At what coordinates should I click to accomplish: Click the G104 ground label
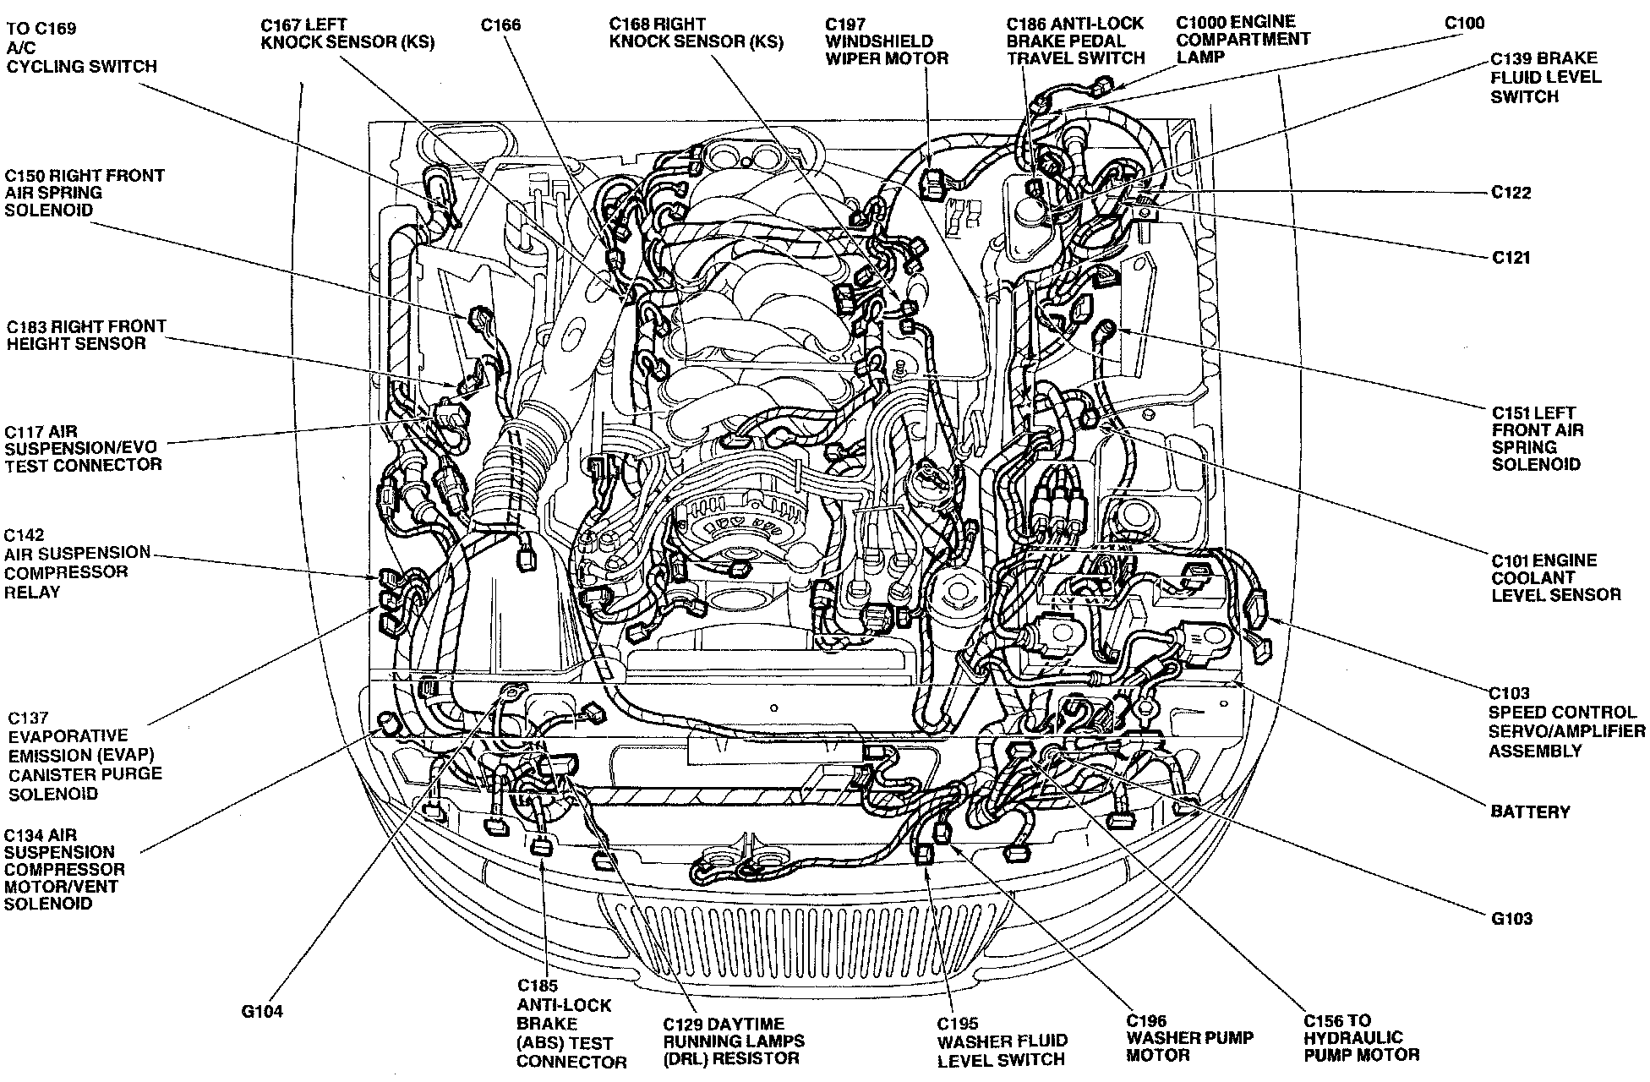(261, 1011)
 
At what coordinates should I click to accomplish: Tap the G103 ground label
(1511, 918)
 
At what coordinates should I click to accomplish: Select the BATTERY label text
(1530, 811)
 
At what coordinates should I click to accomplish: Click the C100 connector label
(1464, 23)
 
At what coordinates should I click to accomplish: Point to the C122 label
(1511, 193)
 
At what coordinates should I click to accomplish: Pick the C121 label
(1511, 257)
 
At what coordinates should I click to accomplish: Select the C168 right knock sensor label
(696, 32)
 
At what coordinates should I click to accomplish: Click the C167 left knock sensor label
(347, 33)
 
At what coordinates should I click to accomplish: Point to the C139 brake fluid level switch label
(1546, 77)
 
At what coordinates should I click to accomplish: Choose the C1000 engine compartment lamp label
(1242, 39)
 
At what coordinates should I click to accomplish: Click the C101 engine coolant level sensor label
(1555, 577)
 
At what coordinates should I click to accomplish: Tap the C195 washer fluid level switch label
(1002, 1041)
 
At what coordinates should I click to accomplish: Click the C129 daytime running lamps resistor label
(734, 1041)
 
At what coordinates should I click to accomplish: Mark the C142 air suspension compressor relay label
(77, 563)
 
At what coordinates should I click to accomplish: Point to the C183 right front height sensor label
(86, 335)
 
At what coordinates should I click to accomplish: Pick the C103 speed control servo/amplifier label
(1566, 722)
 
